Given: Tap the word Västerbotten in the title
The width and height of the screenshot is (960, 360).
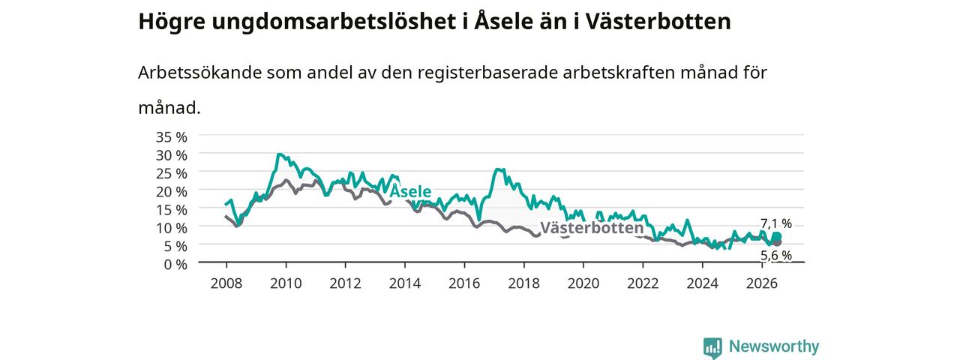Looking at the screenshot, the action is point(658,22).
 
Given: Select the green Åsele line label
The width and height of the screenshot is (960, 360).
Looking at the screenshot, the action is point(410,190).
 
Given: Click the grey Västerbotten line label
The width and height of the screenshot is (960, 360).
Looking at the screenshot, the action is point(592,227).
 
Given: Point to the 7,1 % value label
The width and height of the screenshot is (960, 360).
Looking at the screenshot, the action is point(776,223).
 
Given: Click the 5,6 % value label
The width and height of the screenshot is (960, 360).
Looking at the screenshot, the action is point(776,256).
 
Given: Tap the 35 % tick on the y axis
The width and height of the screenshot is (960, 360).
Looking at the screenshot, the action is point(172,137).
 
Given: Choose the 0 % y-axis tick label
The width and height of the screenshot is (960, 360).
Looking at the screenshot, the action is point(175,265).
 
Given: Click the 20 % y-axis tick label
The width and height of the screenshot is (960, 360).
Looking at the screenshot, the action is point(172,191).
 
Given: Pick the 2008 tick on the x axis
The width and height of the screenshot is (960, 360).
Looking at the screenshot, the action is point(226,283).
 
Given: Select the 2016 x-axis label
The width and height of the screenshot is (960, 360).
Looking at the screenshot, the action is point(464,283).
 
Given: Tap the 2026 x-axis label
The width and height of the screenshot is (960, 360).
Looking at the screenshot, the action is point(762,283).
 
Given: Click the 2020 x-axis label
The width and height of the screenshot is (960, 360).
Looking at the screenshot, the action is point(583,283).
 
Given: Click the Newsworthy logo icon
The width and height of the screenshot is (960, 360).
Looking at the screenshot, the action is point(712,347).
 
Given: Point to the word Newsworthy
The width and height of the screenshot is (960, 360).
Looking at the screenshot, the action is point(774,346).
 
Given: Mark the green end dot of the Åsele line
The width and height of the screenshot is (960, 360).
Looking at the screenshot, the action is point(778,236).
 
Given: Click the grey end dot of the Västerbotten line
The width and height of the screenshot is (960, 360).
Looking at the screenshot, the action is point(778,243).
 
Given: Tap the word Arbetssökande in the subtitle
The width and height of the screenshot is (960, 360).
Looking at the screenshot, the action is point(199,73).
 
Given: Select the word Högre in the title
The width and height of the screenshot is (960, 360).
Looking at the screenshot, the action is point(172,22).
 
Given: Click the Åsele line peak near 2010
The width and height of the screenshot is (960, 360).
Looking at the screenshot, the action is point(279,154).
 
